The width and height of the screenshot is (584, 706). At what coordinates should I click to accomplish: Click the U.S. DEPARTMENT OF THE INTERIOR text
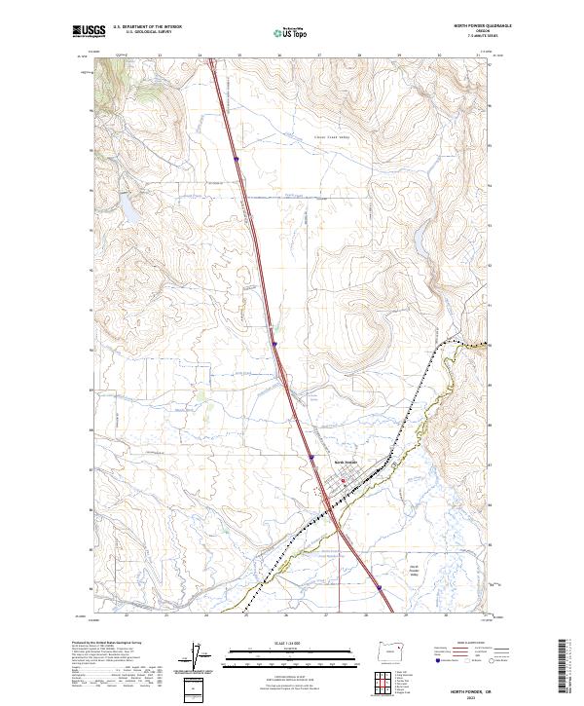147,27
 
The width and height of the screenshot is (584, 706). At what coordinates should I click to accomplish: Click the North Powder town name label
346,462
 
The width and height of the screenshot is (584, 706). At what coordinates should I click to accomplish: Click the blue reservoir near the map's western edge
126,206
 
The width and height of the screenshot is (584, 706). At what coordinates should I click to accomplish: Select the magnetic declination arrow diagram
199,658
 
